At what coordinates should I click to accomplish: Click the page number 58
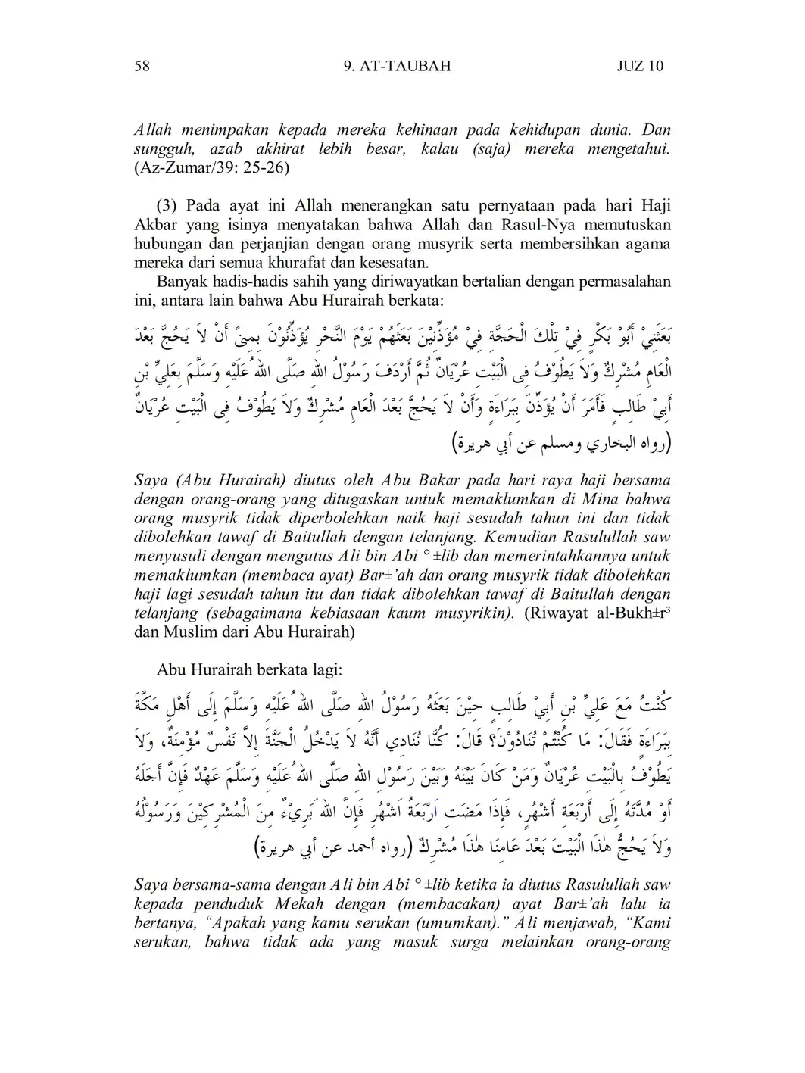[x=142, y=66]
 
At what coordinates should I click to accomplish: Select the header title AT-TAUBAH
[x=407, y=66]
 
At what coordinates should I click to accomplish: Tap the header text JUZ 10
[x=640, y=66]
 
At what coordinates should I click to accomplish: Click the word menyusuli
[x=170, y=557]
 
